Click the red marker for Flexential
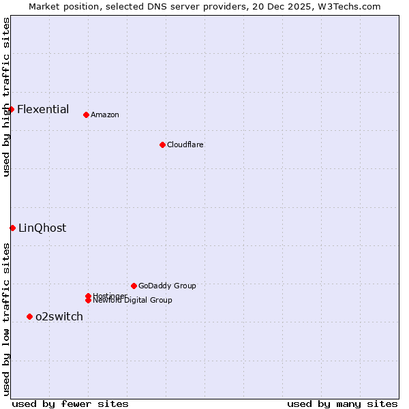pos(11,109)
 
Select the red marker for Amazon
pos(86,115)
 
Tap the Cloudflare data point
pos(162,145)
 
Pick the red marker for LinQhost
pos(12,228)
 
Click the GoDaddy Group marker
pos(134,286)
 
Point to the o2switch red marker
pos(29,316)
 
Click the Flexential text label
pos(43,109)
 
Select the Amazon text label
pos(105,115)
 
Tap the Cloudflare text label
pos(185,145)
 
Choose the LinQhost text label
pos(42,228)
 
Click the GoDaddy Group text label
pos(167,286)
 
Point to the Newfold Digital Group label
pos(132,300)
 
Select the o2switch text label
pos(59,316)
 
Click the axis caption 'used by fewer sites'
pos(70,404)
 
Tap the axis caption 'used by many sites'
pos(342,404)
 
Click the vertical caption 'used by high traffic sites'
pos(6,97)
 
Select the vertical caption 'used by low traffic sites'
pos(6,319)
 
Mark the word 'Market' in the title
pos(44,6)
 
